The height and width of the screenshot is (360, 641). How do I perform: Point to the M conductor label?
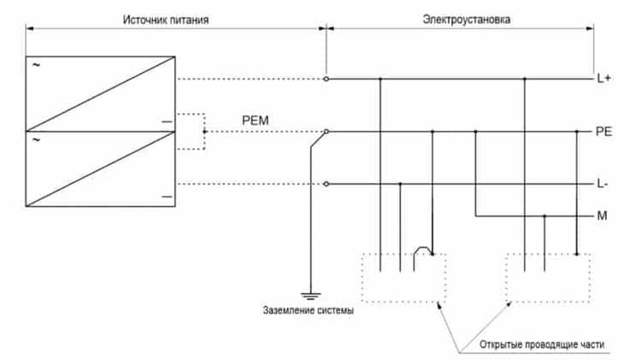click(602, 216)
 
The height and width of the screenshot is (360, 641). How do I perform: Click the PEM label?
click(256, 121)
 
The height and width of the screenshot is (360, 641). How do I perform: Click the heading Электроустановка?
click(468, 18)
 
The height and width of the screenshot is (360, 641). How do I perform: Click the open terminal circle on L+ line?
click(326, 79)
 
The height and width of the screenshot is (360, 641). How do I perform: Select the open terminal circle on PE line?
click(326, 132)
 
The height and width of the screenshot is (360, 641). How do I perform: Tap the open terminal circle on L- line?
click(326, 184)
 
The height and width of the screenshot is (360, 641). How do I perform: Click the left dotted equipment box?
click(403, 278)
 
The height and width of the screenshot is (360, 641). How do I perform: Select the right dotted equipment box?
click(548, 278)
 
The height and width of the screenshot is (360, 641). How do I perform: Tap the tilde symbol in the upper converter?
click(36, 64)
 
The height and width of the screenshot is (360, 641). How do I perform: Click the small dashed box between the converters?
click(191, 131)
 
